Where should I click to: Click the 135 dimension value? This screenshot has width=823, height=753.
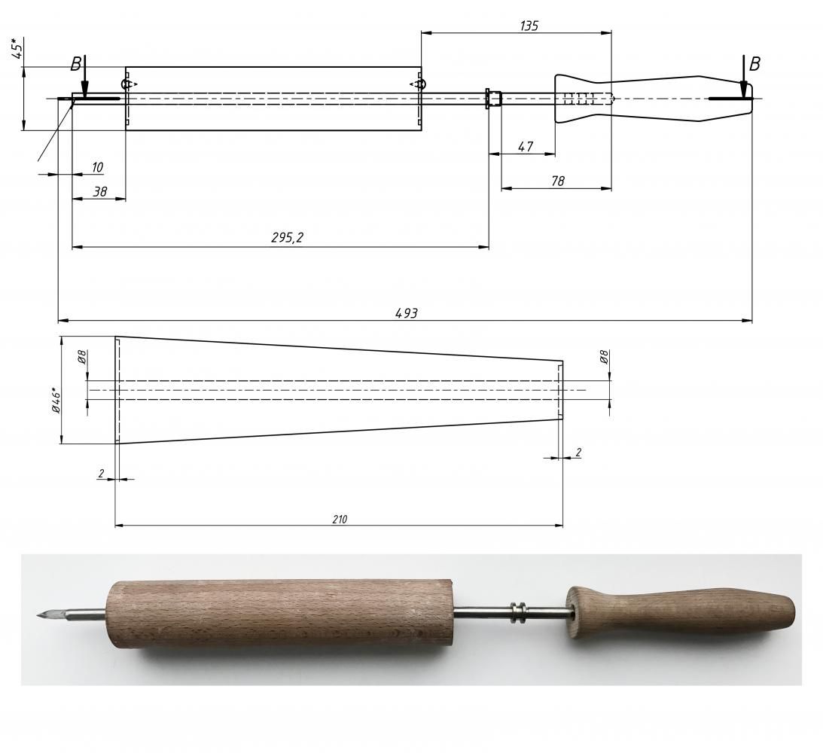(529, 26)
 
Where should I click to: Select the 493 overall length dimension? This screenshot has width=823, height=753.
(407, 313)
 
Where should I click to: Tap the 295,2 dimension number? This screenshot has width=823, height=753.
(287, 238)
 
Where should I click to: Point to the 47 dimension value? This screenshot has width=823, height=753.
(526, 146)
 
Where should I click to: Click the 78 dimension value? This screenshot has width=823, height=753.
(558, 181)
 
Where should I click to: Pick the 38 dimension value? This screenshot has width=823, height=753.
(99, 191)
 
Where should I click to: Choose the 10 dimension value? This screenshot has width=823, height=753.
(98, 167)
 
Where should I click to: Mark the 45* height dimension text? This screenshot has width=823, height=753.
(17, 48)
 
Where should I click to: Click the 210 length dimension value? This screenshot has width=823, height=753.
(340, 520)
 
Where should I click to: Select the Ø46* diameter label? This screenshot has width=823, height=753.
(56, 401)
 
